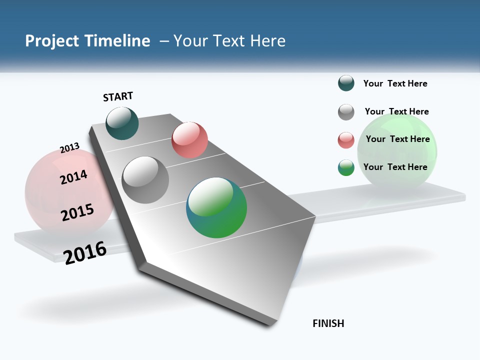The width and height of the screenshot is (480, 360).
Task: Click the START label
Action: [x=118, y=96]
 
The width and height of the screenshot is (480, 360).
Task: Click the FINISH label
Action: [x=328, y=323]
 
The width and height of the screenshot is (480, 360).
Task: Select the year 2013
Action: [x=69, y=148]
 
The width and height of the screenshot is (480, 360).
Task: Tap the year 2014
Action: [x=73, y=177]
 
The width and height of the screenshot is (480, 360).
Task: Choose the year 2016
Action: [x=85, y=252]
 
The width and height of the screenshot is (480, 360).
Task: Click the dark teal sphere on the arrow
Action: [x=122, y=123]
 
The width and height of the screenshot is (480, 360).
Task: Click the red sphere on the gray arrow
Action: [x=189, y=139]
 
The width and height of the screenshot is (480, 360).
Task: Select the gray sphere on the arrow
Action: [x=145, y=179]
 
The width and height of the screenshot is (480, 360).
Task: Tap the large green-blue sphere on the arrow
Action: [x=216, y=207]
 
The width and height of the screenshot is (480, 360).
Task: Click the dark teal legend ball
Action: [x=346, y=83]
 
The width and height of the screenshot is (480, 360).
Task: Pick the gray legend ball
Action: [x=346, y=112]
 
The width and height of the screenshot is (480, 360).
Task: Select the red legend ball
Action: [x=346, y=140]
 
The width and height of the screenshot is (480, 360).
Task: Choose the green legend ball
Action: [x=346, y=167]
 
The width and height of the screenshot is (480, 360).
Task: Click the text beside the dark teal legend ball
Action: [x=395, y=83]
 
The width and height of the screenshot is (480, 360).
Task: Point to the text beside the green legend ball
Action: [x=395, y=167]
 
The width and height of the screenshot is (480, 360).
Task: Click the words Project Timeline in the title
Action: [x=87, y=41]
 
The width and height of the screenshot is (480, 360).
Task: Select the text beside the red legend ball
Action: [x=397, y=139]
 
